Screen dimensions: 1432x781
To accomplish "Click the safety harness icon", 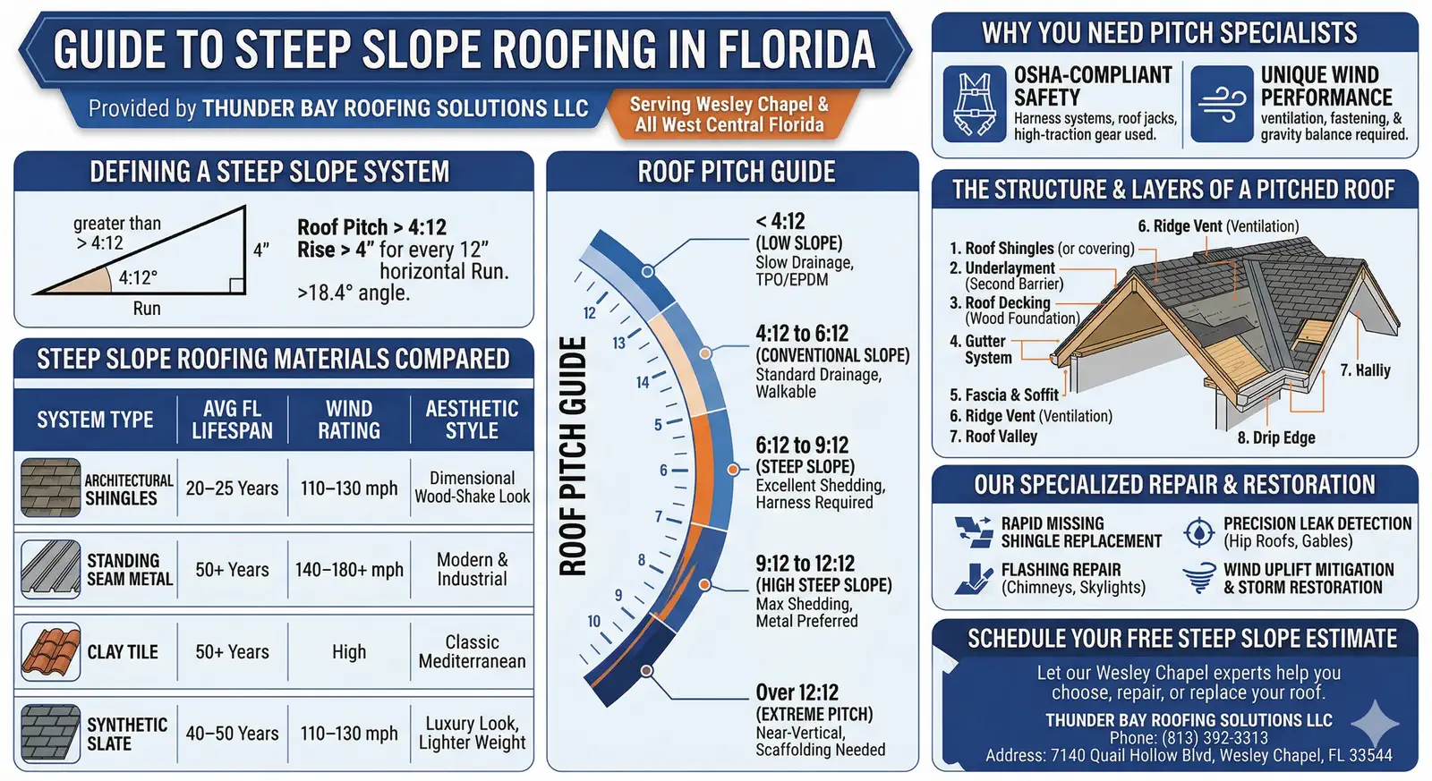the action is [x=975, y=104].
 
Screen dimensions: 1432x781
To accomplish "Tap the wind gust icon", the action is [x=1222, y=104].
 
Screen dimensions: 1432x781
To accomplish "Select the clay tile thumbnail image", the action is [x=50, y=651].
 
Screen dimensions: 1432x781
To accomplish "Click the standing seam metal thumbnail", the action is [x=50, y=569].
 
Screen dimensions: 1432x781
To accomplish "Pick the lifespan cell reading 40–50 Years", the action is [x=232, y=733].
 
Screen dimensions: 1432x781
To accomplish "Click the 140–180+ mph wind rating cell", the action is [x=349, y=570].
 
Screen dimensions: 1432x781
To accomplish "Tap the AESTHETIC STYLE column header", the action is [x=472, y=420].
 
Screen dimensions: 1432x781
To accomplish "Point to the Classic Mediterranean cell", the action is [x=472, y=651].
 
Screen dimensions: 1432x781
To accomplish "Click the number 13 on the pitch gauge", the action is [x=618, y=344].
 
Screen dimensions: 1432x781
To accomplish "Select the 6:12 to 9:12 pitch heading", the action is [x=802, y=445].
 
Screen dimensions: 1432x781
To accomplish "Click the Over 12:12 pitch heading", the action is [x=797, y=692].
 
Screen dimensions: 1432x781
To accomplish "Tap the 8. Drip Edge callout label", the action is [x=1276, y=437].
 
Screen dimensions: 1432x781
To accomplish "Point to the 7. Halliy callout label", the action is [x=1365, y=370].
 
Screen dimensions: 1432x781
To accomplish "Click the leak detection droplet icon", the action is [x=1199, y=531].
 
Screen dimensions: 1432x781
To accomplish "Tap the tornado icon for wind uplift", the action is [x=1199, y=579].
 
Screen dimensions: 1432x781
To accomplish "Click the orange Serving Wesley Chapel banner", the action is [x=729, y=115].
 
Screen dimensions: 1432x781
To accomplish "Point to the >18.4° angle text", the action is [x=353, y=293].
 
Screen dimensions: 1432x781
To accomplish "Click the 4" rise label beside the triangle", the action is [x=260, y=250].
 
